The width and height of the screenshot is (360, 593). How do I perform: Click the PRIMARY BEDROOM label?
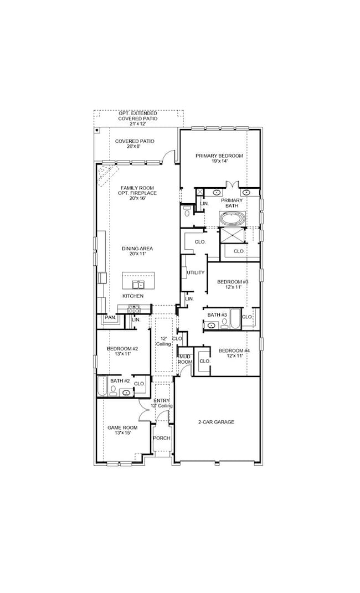pos(219,156)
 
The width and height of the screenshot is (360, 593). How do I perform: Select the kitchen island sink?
pos(138,285)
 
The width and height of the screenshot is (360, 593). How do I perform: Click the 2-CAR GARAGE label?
pos(216,422)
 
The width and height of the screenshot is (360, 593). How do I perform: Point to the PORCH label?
pos(162,438)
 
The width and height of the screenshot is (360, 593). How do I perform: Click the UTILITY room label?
pos(196,272)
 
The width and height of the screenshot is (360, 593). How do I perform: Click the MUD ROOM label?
pos(184,358)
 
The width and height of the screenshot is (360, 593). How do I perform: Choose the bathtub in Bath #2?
pos(101,386)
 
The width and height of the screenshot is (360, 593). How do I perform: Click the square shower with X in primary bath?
pos(232,235)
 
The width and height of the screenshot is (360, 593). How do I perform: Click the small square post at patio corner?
pos(97,131)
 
